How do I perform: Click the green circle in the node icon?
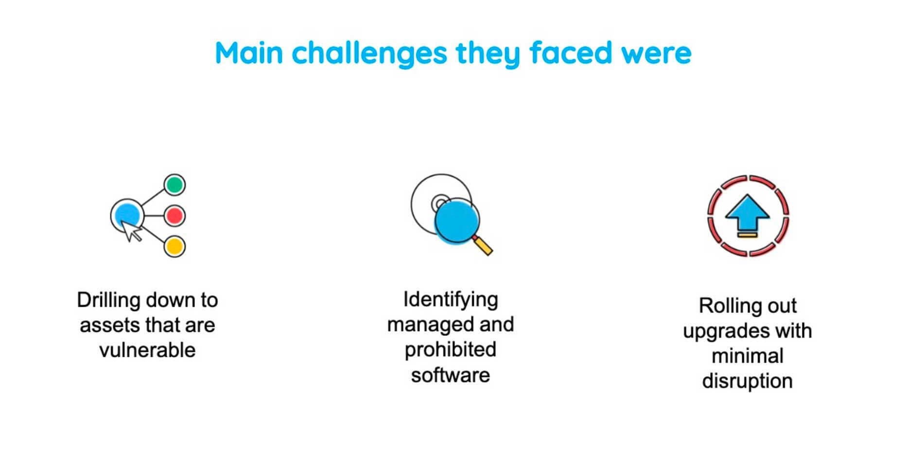(x=174, y=185)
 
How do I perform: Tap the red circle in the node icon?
(x=174, y=216)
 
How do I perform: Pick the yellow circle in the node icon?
(x=174, y=246)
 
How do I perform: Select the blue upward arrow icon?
(x=747, y=212)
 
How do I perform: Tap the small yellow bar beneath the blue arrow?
(x=747, y=235)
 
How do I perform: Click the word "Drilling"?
(x=108, y=300)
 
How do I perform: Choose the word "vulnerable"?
(x=147, y=350)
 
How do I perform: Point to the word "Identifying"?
(x=451, y=299)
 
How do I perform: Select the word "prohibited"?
(x=451, y=350)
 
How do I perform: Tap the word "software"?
(x=451, y=375)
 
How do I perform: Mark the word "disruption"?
(x=747, y=381)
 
